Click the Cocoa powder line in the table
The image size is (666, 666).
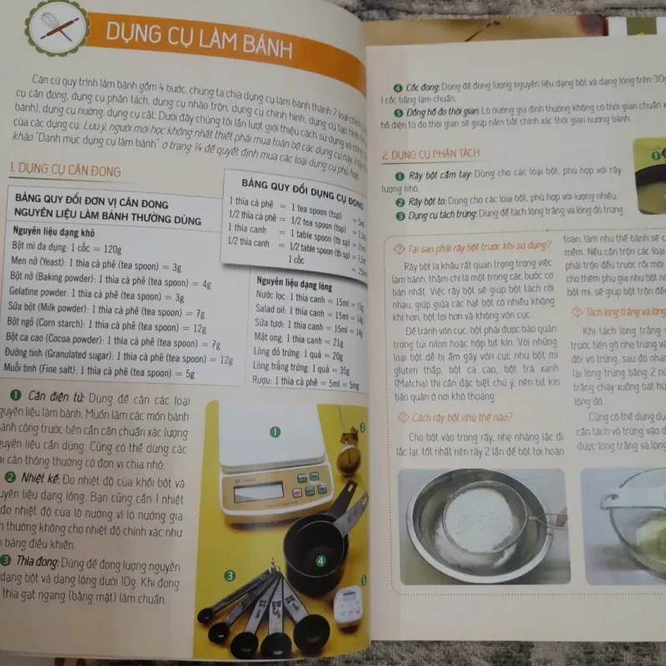point(112,342)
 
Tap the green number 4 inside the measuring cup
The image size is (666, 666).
point(320,561)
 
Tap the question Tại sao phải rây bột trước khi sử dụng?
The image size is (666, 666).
point(470,245)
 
